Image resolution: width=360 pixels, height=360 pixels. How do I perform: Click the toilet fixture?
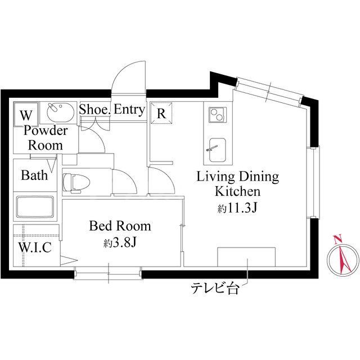(73, 183)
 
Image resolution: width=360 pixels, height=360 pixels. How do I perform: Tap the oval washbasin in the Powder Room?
(61, 112)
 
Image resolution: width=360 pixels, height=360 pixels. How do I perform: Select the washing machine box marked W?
(26, 114)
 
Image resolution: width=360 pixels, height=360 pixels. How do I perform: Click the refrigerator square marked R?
(161, 114)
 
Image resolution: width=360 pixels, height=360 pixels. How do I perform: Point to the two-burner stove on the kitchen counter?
(218, 115)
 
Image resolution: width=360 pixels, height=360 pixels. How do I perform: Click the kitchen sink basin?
(218, 150)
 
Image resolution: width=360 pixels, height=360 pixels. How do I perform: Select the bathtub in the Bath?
(35, 207)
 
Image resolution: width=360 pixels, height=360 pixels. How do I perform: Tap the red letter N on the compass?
(337, 240)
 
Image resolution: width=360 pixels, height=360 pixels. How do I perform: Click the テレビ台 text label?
(215, 288)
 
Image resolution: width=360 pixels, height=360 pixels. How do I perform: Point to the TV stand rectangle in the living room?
(246, 257)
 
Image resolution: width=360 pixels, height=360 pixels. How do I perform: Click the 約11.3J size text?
(237, 208)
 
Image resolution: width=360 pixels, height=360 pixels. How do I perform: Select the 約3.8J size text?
(120, 242)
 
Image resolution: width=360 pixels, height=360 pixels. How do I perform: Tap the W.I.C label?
(35, 247)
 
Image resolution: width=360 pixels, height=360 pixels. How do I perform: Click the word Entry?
(129, 110)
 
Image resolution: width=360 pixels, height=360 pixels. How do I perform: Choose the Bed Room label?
(120, 226)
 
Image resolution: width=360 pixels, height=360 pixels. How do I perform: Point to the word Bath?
(34, 175)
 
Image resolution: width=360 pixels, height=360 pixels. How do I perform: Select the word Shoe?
(95, 109)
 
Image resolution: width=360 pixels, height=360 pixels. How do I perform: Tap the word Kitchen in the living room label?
(237, 191)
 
